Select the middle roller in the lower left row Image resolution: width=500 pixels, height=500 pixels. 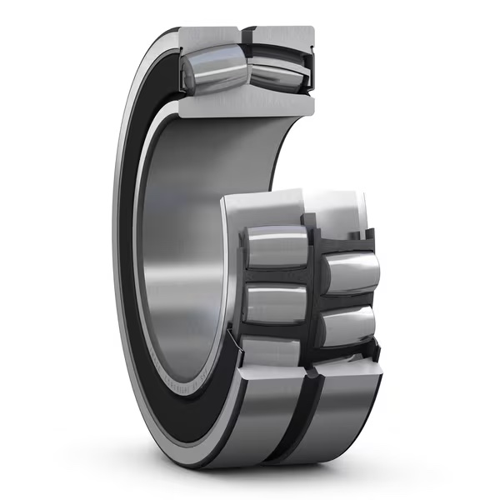point(276,303)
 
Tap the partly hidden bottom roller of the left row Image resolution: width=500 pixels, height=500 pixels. point(271,350)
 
